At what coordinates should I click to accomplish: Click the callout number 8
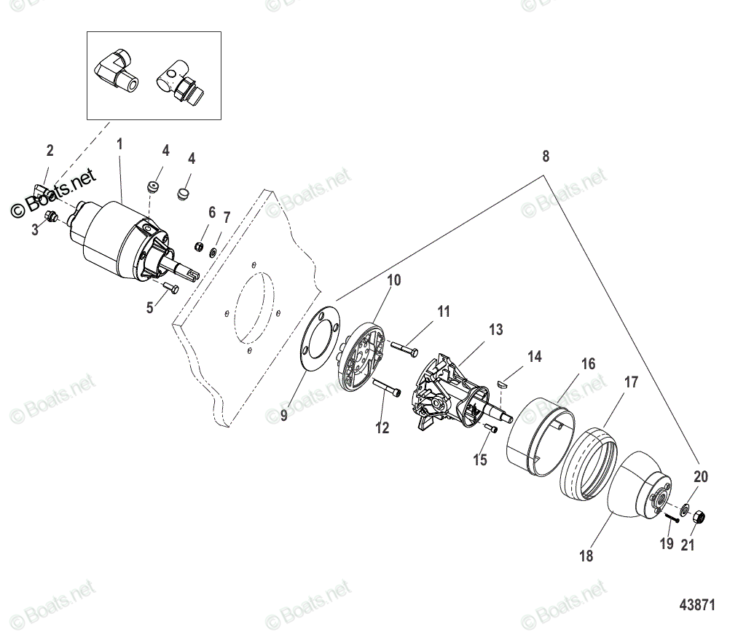pyautogui.click(x=546, y=156)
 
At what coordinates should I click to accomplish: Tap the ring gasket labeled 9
pyautogui.click(x=316, y=339)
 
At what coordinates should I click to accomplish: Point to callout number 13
pyautogui.click(x=495, y=330)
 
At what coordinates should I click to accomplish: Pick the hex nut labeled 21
pyautogui.click(x=696, y=516)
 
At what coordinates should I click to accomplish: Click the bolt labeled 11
pyautogui.click(x=404, y=349)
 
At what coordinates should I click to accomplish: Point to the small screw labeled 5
pyautogui.click(x=169, y=287)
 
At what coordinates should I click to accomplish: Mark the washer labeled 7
pyautogui.click(x=212, y=252)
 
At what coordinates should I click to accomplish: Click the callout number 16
pyautogui.click(x=588, y=364)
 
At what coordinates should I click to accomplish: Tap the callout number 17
pyautogui.click(x=631, y=382)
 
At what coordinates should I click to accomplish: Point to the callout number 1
pyautogui.click(x=120, y=144)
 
